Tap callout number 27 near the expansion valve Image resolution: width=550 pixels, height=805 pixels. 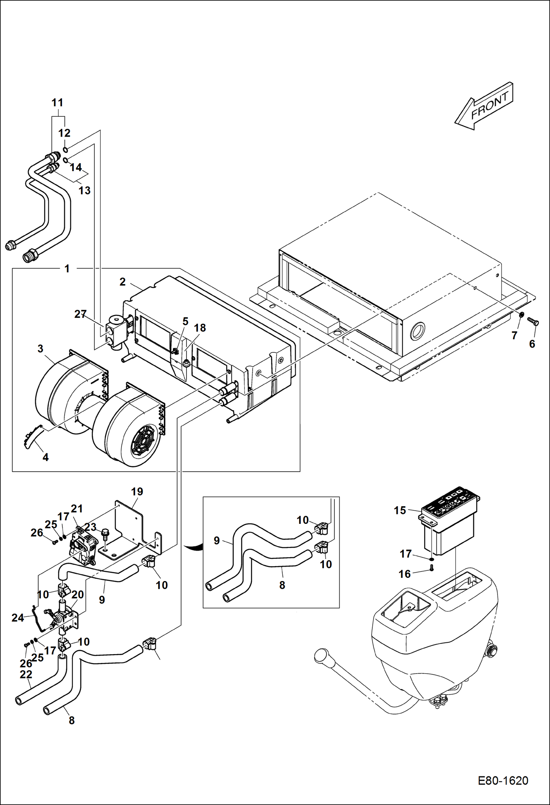click(x=80, y=314)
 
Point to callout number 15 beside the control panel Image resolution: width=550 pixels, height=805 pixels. click(x=400, y=510)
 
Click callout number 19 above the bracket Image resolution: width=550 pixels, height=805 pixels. click(x=137, y=492)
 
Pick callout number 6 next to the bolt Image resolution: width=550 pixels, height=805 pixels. click(x=532, y=344)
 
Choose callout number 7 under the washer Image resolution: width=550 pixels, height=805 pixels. click(x=514, y=335)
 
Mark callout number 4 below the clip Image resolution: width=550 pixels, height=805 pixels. click(x=46, y=457)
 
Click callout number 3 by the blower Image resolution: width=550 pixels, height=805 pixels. click(x=40, y=349)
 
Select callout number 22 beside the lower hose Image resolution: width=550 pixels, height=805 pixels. click(x=26, y=674)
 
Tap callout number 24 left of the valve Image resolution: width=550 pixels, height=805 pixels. click(x=18, y=618)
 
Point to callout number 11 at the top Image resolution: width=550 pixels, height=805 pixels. click(x=57, y=103)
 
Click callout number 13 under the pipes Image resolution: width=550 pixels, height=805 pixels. click(x=84, y=191)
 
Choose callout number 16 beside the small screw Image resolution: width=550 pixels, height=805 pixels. click(x=405, y=574)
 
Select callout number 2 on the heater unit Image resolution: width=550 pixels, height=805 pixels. click(x=122, y=282)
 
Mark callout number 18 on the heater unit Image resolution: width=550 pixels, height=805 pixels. click(x=200, y=328)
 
